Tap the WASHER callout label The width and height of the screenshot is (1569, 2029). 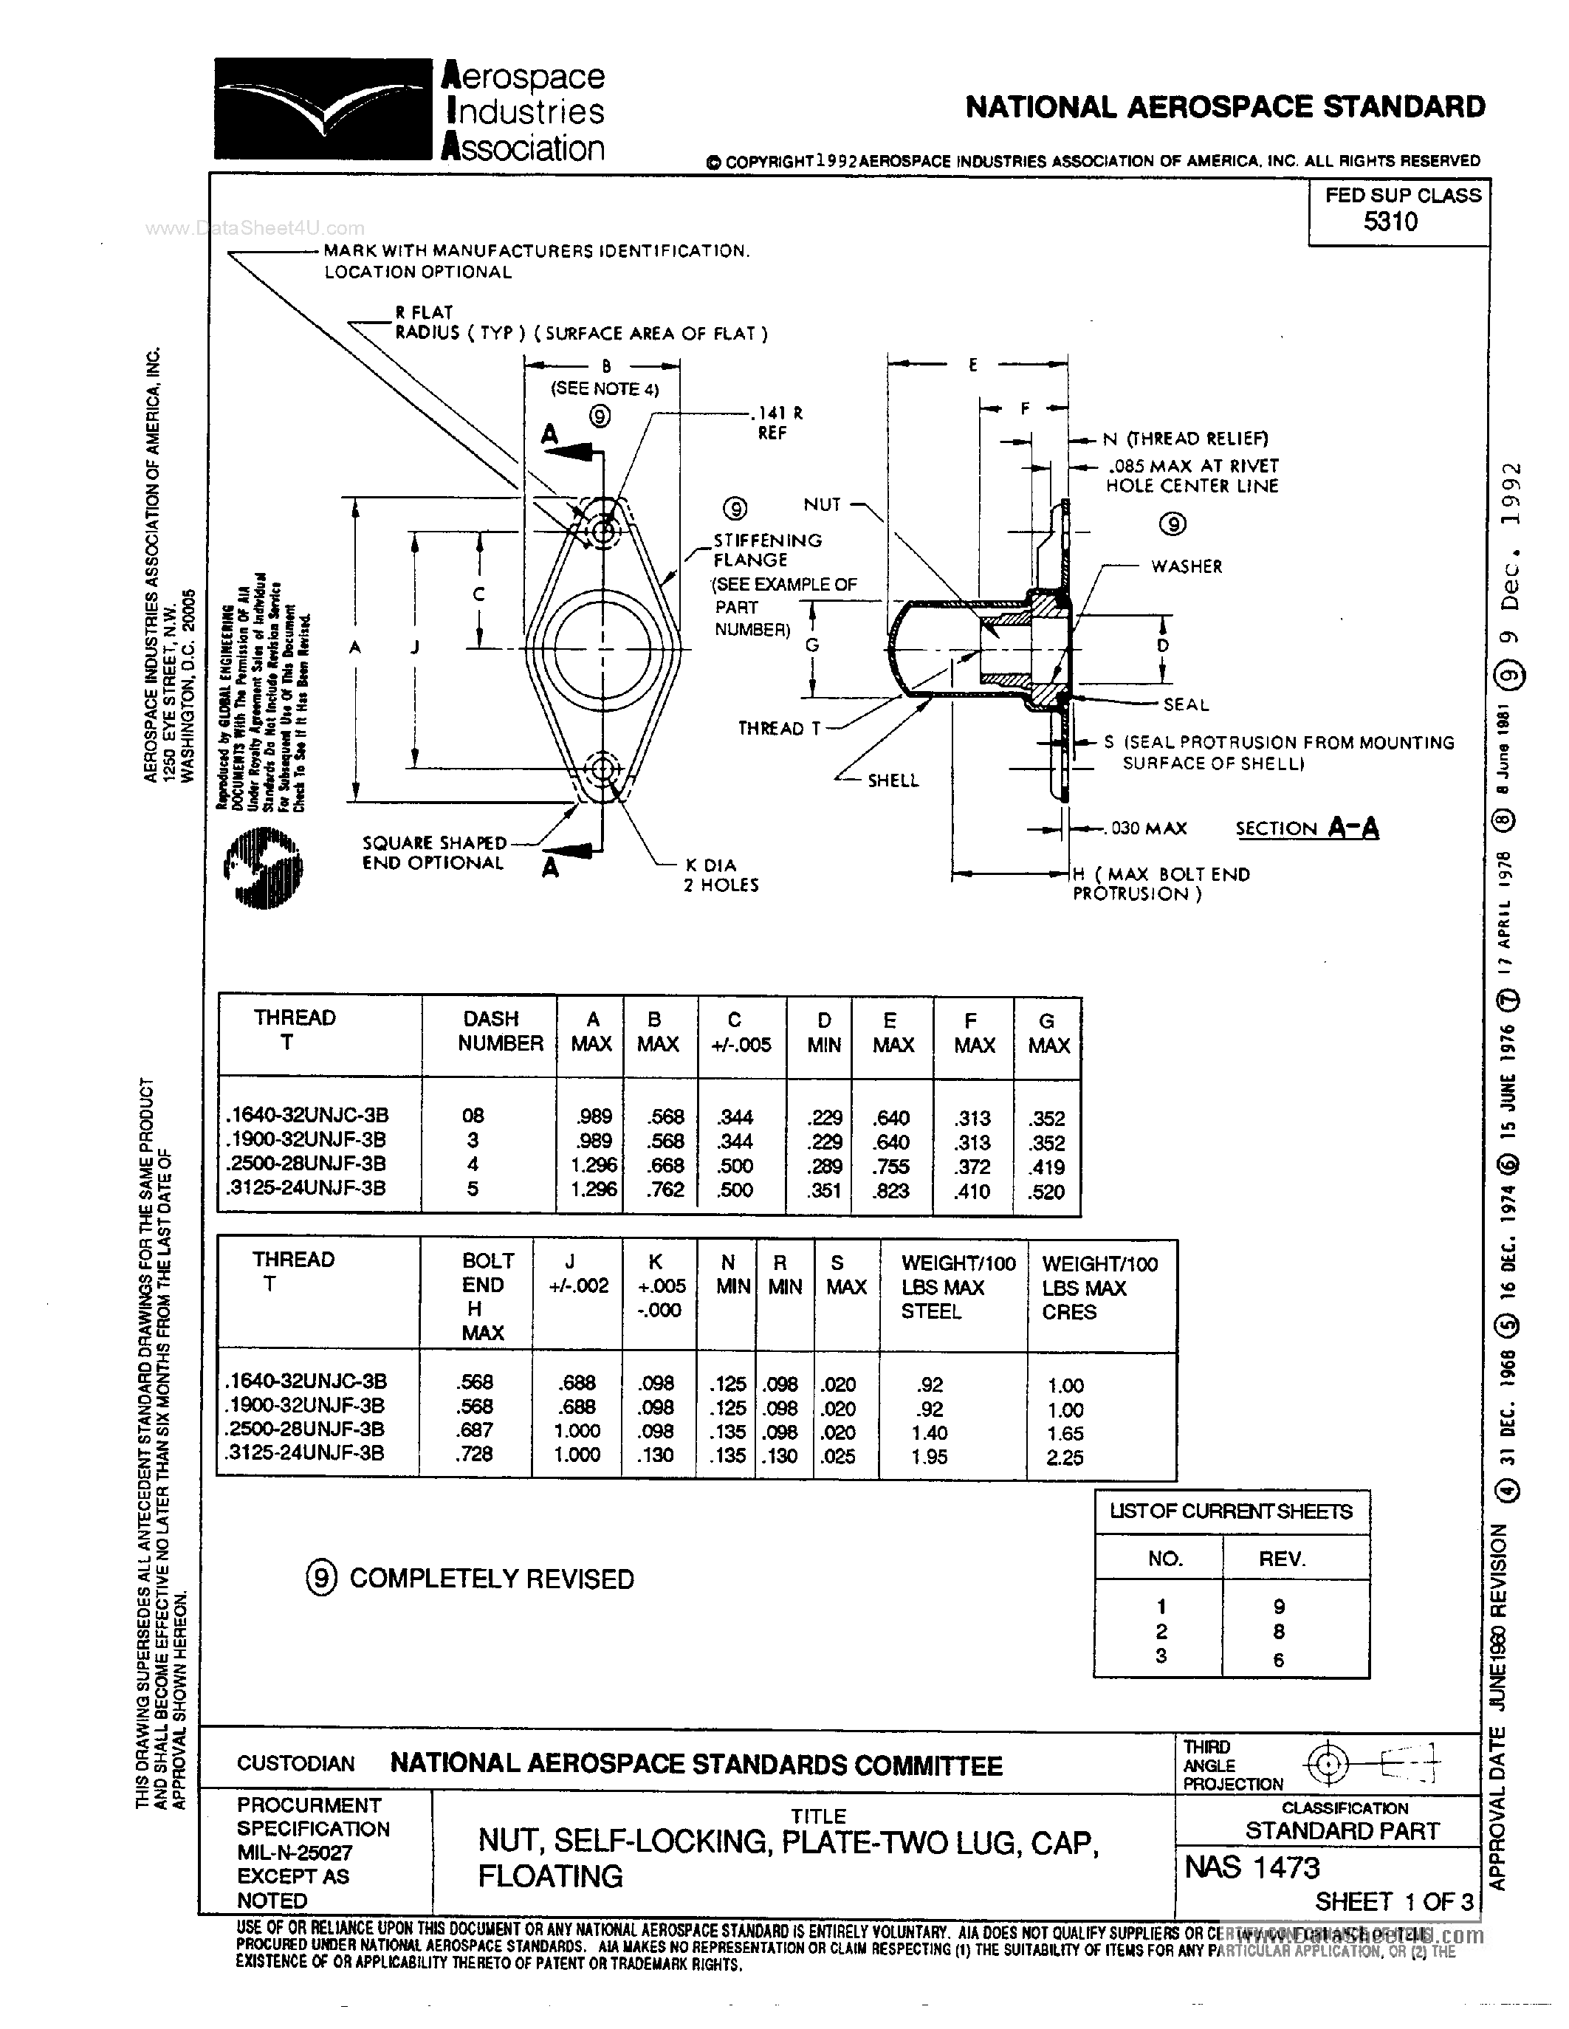click(1187, 566)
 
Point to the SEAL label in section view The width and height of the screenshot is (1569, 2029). click(1185, 704)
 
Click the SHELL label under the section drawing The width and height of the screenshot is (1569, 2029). click(893, 780)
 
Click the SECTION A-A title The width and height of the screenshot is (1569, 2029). click(1306, 828)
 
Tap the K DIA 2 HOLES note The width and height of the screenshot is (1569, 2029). click(721, 875)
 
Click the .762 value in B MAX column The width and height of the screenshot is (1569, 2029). click(665, 1189)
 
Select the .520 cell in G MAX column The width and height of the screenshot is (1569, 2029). click(1046, 1192)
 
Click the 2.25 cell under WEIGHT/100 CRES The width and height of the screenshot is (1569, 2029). click(1065, 1458)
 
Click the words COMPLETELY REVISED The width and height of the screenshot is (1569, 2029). click(492, 1579)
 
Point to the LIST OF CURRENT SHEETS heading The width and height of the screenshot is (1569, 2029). click(1230, 1511)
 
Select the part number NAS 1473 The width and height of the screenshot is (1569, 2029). click(1252, 1867)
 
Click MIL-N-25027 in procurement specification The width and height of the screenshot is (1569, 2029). click(295, 1853)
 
